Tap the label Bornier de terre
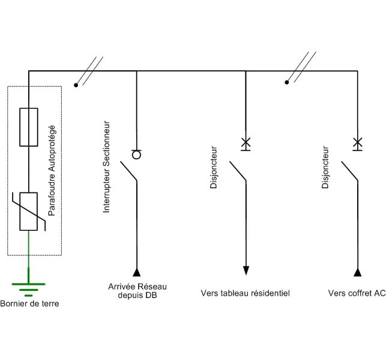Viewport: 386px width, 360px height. click(x=30, y=304)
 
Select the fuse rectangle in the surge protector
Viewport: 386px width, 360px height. click(x=28, y=127)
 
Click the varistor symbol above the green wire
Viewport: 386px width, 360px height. click(x=28, y=211)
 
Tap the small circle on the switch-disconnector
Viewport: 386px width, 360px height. click(x=136, y=154)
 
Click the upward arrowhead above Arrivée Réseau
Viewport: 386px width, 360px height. click(x=137, y=272)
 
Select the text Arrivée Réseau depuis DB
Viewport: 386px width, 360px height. click(x=138, y=290)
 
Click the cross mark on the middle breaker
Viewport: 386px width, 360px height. click(x=246, y=143)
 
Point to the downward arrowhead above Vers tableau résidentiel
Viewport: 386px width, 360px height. click(x=246, y=270)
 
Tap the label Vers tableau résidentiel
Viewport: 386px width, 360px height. click(x=245, y=293)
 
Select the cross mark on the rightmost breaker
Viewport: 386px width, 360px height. click(x=357, y=143)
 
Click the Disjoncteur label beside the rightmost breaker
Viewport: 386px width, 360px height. click(x=325, y=168)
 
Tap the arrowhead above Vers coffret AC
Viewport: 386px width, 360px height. click(x=357, y=272)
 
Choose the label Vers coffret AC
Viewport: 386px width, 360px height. click(x=357, y=293)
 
